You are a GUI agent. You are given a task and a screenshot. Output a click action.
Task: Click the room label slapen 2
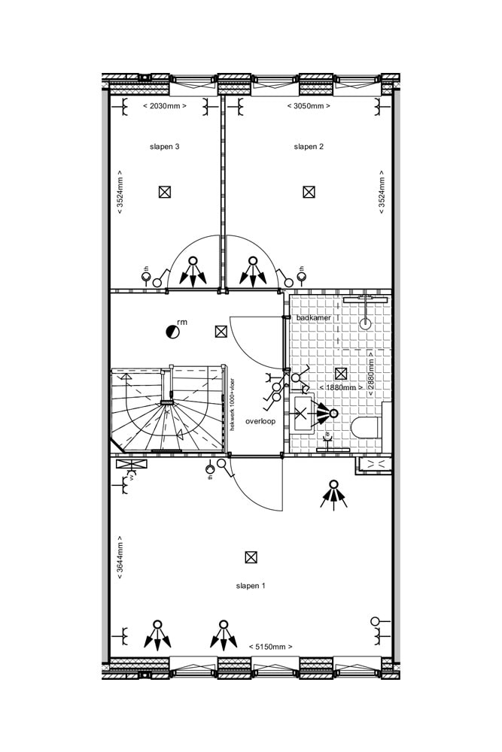point(309,147)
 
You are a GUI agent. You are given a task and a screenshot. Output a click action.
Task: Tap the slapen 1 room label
point(251,585)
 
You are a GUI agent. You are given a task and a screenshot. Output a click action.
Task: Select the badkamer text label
point(313,318)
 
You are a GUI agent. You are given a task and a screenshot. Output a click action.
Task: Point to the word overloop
point(260,421)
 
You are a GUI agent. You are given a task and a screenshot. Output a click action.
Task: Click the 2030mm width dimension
point(164,106)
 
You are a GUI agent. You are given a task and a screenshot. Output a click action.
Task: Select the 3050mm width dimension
point(309,106)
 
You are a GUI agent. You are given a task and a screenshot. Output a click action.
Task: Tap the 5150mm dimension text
point(270,646)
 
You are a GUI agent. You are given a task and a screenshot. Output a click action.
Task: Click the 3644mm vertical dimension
point(120,557)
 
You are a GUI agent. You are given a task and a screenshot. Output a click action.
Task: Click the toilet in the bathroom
point(367,429)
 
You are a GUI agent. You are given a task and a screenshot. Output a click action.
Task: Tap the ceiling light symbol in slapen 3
point(165,192)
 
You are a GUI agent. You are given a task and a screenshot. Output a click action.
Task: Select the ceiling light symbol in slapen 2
point(309,192)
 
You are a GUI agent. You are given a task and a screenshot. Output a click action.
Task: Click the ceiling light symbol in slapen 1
point(251,557)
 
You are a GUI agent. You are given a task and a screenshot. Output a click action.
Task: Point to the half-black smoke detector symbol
point(172,330)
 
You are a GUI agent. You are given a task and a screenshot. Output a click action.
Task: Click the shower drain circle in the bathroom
point(367,325)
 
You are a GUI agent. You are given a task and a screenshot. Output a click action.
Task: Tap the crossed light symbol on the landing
point(221,331)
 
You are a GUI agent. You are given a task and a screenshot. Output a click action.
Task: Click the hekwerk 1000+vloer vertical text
point(233,404)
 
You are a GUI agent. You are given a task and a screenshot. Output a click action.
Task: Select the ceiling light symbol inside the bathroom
point(341,373)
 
